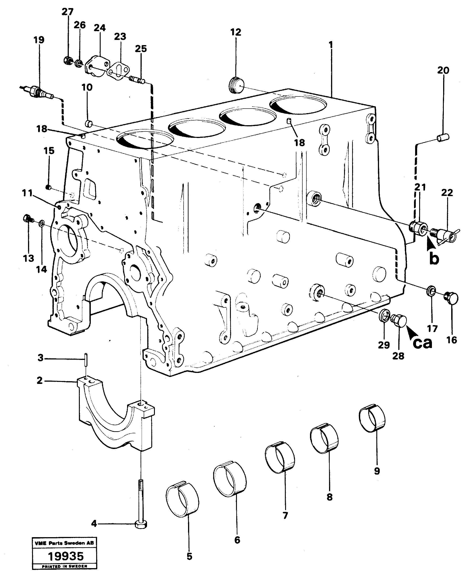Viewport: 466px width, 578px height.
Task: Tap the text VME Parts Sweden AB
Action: pyautogui.click(x=64, y=543)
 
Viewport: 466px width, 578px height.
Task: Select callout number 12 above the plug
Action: pyautogui.click(x=236, y=32)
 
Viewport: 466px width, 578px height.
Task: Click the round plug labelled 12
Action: pyautogui.click(x=236, y=84)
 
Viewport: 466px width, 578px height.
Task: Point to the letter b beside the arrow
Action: pyautogui.click(x=434, y=259)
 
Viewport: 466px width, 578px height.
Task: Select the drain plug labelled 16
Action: pyautogui.click(x=451, y=298)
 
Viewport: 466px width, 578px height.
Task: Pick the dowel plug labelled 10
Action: pyautogui.click(x=89, y=124)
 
